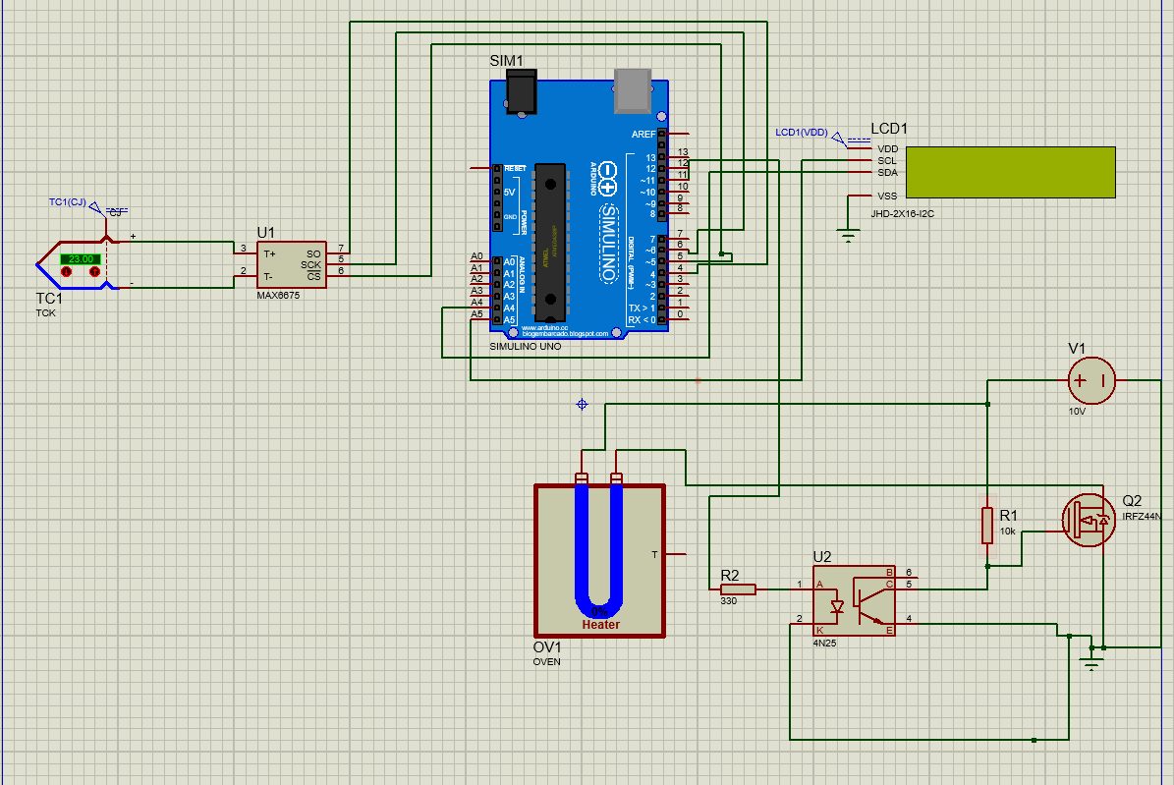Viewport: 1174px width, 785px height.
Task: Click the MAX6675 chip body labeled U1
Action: (292, 264)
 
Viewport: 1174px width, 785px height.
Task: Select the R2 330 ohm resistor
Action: (738, 589)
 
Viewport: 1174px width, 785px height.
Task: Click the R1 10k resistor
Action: (987, 525)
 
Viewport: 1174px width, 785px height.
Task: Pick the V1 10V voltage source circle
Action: (1091, 378)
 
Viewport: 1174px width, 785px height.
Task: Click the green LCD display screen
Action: (1010, 171)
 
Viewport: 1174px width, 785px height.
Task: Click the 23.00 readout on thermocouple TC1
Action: (81, 258)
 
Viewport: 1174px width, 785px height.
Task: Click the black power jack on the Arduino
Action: (522, 90)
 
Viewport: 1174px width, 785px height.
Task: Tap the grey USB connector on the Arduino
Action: (634, 88)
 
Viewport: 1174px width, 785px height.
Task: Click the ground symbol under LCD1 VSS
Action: (847, 234)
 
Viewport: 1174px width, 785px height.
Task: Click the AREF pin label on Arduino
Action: (643, 134)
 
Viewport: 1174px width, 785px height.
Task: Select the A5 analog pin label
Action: (476, 315)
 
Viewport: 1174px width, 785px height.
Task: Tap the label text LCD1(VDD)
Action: (802, 132)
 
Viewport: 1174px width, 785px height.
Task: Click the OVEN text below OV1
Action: (546, 661)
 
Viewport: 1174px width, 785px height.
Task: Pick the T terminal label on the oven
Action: (654, 555)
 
